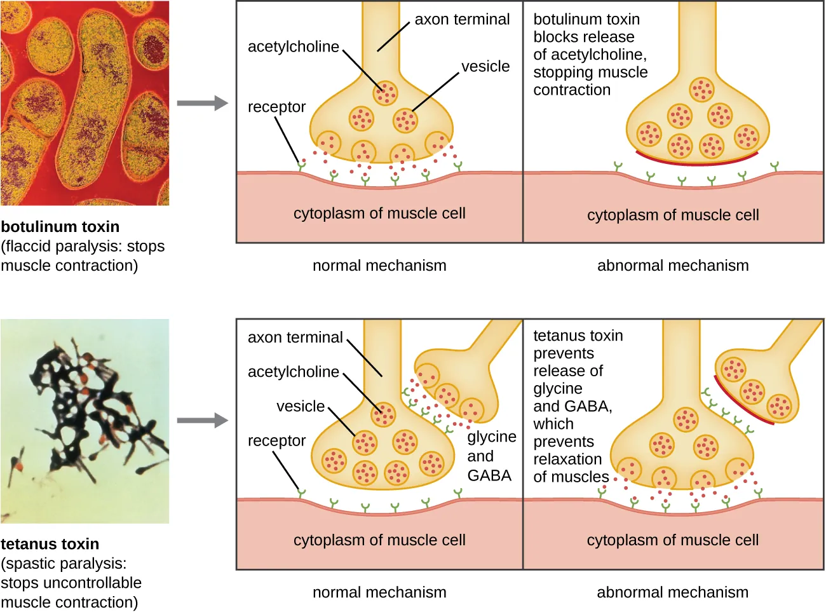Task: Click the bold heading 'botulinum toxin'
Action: tap(60, 227)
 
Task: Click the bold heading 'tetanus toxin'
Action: tap(50, 544)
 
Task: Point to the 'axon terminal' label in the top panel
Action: tap(462, 20)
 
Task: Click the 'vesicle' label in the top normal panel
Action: tap(485, 67)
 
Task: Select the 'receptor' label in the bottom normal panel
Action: tap(276, 441)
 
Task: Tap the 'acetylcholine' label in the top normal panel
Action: tap(293, 47)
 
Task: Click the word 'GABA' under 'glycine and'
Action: tap(489, 475)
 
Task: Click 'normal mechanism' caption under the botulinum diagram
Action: tap(379, 266)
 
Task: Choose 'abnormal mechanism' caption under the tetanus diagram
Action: tap(672, 592)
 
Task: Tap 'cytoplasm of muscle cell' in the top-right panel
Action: tap(673, 215)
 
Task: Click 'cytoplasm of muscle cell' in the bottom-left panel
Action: tap(379, 540)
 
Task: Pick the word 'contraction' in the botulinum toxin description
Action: tap(572, 90)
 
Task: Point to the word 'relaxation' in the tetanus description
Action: tap(567, 459)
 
